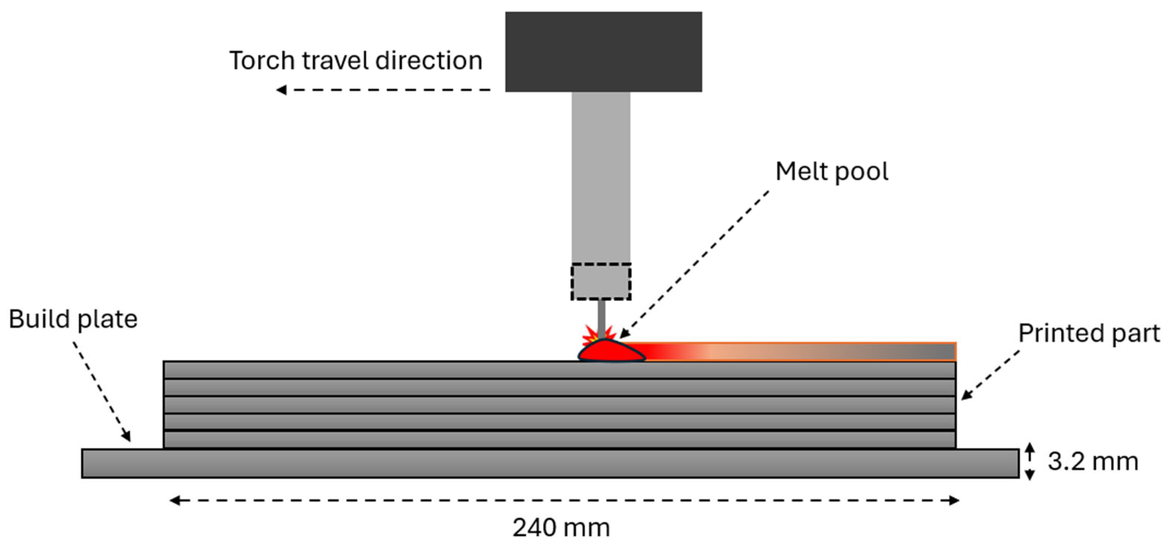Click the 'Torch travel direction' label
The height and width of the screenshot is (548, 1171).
(356, 60)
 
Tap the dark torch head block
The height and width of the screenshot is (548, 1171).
(603, 51)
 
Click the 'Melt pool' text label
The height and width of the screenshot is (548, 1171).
(831, 172)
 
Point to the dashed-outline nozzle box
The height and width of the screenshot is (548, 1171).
(601, 282)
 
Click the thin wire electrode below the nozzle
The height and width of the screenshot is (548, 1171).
(601, 318)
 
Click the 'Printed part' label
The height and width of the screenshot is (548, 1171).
(1089, 334)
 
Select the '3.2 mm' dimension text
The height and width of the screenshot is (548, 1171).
(1093, 462)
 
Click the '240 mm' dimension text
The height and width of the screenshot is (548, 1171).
(561, 528)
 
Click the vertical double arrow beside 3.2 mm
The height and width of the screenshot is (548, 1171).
(1030, 462)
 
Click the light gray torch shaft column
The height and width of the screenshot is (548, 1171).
(601, 177)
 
